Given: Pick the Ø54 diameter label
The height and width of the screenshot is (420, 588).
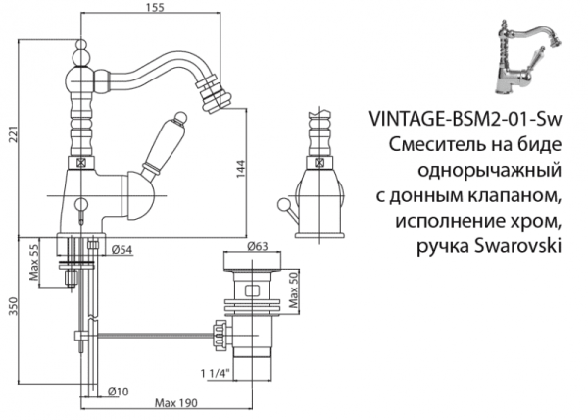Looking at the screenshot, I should pyautogui.click(x=122, y=249).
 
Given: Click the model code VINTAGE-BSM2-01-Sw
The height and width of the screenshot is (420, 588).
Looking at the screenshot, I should pyautogui.click(x=465, y=119).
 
